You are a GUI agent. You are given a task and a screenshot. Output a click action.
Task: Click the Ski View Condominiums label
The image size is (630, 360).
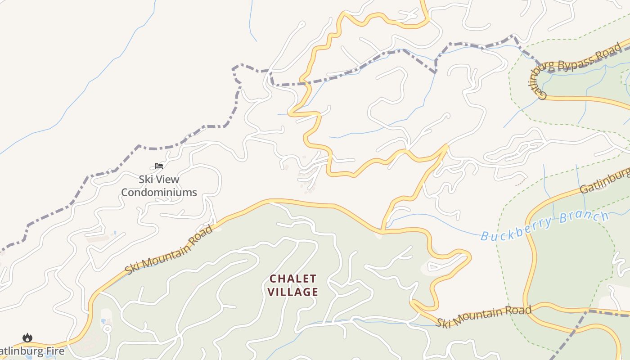(x=159, y=186)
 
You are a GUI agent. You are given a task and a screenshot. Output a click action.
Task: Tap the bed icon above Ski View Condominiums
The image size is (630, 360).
(x=159, y=166)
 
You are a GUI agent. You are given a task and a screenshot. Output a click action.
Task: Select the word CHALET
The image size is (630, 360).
(x=293, y=279)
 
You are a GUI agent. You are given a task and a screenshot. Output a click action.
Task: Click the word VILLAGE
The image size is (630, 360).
(x=293, y=292)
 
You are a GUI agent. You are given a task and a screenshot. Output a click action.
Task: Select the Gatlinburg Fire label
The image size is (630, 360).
(x=31, y=351)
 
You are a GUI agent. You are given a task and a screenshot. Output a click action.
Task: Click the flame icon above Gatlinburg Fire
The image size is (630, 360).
(x=27, y=337)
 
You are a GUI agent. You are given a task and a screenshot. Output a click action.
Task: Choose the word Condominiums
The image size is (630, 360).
(x=159, y=193)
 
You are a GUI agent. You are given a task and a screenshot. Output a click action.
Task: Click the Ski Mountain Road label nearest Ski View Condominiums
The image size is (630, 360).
(x=168, y=250)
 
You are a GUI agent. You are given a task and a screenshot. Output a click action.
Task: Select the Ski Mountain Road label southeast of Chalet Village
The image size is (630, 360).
(x=484, y=317)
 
